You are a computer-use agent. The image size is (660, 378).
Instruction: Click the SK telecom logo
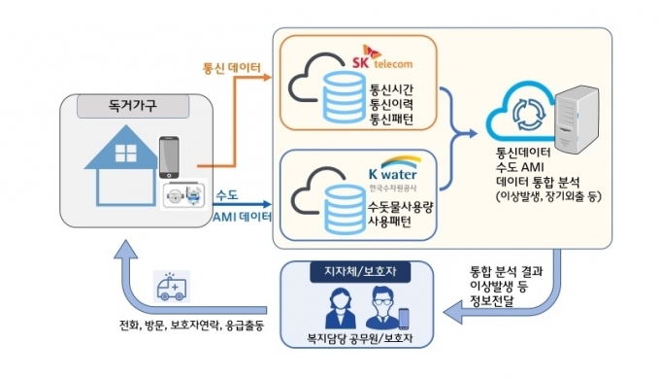[382, 57]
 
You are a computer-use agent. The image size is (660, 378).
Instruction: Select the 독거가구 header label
[133, 105]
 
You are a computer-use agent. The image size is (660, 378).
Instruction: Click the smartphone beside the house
[169, 157]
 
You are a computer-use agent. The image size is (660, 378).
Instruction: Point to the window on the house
[126, 153]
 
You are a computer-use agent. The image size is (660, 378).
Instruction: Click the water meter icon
[184, 195]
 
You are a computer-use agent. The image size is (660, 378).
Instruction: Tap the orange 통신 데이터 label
[232, 68]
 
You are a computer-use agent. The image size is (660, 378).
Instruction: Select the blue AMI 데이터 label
[243, 217]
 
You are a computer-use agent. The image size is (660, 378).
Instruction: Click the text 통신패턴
[391, 120]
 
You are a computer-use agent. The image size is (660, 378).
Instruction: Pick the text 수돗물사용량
[400, 207]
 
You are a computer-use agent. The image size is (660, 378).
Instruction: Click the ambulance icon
[172, 287]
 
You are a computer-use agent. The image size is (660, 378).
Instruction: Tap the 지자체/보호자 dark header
[360, 271]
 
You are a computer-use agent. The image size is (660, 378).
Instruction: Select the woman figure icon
[341, 308]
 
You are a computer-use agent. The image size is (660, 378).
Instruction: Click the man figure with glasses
[383, 308]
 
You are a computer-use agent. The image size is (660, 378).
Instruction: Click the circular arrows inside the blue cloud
[529, 115]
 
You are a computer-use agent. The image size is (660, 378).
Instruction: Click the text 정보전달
[492, 301]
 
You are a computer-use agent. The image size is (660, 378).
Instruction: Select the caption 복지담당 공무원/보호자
[360, 338]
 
